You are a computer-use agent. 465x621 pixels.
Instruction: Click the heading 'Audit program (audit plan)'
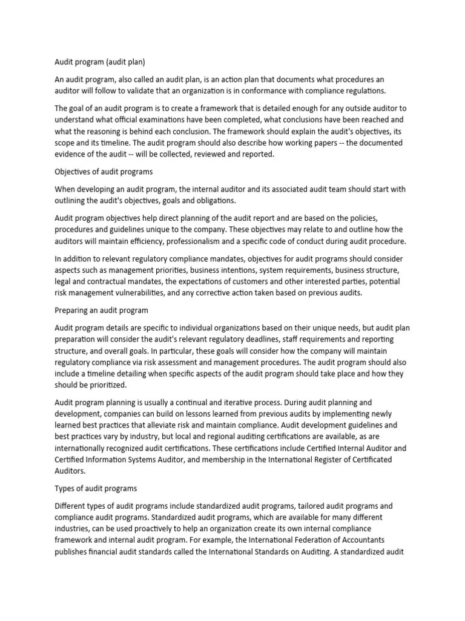(100, 61)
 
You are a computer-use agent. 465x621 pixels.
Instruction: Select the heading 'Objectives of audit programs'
(104, 172)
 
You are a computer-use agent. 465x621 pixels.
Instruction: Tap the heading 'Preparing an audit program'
(101, 310)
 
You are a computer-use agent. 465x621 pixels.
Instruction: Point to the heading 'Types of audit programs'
(96, 488)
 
